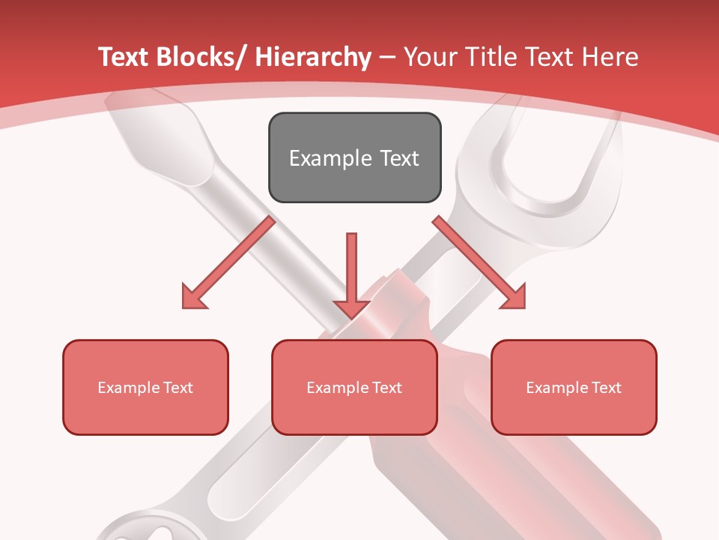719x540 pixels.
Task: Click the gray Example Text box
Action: [x=354, y=157]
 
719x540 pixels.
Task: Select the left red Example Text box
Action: [x=145, y=387]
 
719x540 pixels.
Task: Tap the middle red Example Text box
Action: [x=354, y=387]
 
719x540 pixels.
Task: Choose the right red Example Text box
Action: [x=574, y=387]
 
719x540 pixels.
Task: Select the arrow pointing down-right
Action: [x=479, y=262]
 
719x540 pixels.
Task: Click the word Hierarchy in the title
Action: [x=313, y=57]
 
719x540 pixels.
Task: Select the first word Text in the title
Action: [x=124, y=57]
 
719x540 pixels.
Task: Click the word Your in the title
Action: [x=428, y=57]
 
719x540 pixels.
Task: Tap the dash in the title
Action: [x=387, y=57]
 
